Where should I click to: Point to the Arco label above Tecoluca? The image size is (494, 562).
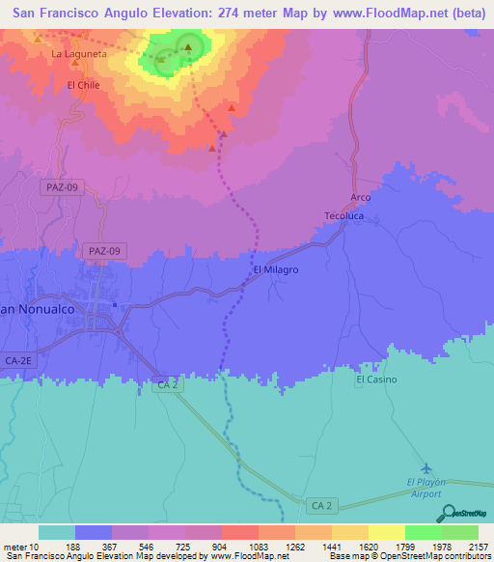360,197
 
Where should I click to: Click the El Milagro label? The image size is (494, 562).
275,270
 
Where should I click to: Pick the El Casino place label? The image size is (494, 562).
375,379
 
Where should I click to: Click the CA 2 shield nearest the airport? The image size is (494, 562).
321,505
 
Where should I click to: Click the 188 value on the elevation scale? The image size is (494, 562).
74,546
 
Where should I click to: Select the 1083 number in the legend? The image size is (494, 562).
258,546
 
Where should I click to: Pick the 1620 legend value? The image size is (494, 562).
368,546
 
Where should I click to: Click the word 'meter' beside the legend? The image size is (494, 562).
14,546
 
